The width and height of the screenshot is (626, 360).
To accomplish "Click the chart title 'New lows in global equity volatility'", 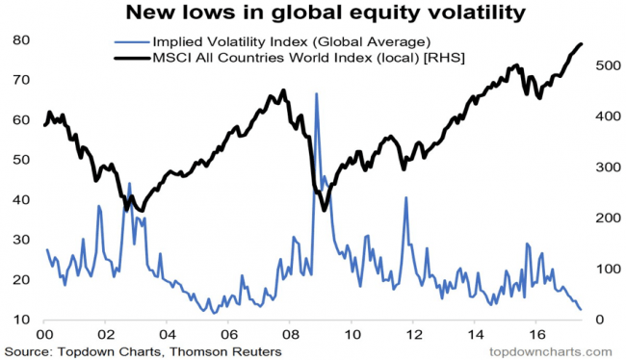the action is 326,13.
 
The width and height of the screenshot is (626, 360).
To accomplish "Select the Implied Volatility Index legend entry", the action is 273,42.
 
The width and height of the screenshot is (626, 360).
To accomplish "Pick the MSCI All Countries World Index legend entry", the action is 290,58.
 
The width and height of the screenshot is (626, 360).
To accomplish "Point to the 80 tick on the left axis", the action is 21,40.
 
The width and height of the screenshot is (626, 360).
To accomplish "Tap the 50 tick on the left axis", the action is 21,160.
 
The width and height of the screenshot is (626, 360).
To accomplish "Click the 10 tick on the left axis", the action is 21,320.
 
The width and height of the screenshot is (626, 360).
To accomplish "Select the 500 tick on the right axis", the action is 608,65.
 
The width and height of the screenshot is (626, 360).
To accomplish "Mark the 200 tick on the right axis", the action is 608,218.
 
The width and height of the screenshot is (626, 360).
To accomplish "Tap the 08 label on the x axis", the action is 290,334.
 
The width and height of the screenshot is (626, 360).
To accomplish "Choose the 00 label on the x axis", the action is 44,334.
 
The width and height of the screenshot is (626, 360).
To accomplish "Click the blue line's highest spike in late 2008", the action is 316,93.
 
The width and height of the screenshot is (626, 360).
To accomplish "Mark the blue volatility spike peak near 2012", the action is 406,197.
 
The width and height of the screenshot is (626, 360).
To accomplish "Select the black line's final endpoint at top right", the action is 581,44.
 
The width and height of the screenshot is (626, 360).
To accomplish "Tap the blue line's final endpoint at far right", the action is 581,309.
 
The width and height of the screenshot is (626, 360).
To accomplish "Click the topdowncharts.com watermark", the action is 551,352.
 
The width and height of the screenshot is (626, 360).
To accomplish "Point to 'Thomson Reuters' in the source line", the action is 225,352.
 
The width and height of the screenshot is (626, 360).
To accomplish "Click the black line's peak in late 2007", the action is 283,90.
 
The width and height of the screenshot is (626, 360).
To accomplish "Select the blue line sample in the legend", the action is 132,42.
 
